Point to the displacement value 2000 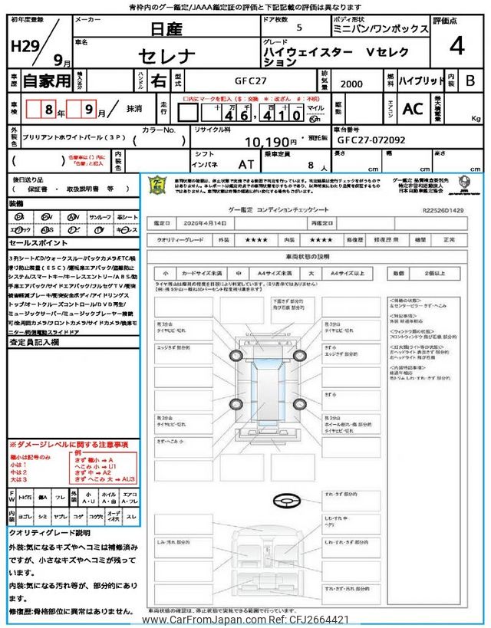tap(352, 83)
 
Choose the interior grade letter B tap(470, 81)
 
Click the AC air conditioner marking tap(412, 110)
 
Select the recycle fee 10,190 tap(270, 142)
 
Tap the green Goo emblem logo tap(157, 184)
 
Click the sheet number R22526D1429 tap(443, 208)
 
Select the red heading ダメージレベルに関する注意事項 tap(68, 445)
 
